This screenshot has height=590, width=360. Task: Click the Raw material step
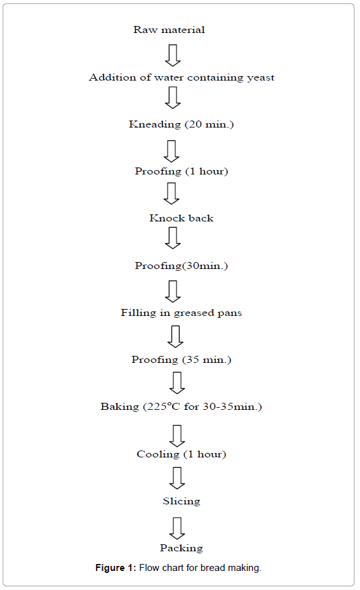coord(169,30)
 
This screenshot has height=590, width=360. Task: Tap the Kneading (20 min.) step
coord(182,124)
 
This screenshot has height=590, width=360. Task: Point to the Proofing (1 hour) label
coord(182,171)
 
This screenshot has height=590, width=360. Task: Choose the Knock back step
coord(182,218)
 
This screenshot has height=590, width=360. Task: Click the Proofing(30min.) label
coord(182,266)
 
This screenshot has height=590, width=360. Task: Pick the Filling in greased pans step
coord(182,313)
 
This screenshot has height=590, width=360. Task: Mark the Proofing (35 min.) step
coord(182,360)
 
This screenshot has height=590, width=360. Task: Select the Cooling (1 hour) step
coord(182,454)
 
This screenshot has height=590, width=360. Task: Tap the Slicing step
coord(182,501)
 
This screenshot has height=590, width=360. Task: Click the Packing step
coord(182,548)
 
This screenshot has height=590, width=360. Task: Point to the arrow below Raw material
coord(173,55)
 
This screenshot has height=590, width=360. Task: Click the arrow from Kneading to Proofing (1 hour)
coord(171,150)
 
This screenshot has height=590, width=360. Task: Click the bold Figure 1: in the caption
coord(117,568)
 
